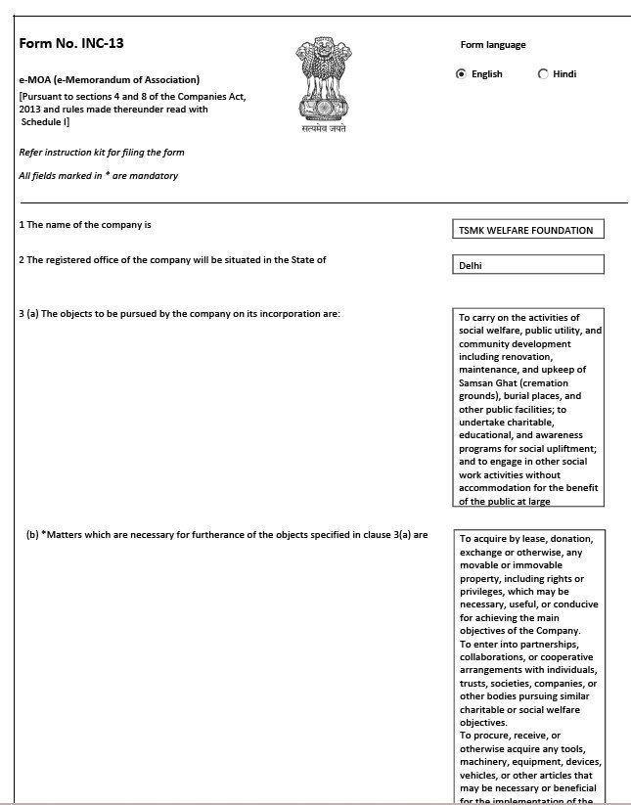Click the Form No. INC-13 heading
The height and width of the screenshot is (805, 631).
click(x=71, y=43)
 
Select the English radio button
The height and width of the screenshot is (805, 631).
click(x=462, y=73)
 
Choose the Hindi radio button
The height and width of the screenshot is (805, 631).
click(x=543, y=73)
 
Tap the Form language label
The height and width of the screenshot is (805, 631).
click(x=493, y=45)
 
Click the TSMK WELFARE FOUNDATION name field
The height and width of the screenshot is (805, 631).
click(x=526, y=230)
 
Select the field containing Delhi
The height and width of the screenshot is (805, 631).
click(x=526, y=264)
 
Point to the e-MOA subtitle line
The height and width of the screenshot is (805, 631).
click(x=110, y=79)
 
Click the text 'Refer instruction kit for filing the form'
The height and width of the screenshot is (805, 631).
click(x=102, y=153)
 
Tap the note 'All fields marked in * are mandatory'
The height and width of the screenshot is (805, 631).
click(x=98, y=176)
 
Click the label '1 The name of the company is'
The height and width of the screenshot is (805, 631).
click(x=85, y=225)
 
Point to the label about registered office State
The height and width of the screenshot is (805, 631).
click(x=172, y=259)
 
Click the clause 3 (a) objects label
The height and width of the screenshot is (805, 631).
click(x=179, y=314)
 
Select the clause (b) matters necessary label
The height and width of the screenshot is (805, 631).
click(x=227, y=535)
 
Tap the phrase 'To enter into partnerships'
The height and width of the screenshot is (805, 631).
click(x=520, y=644)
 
